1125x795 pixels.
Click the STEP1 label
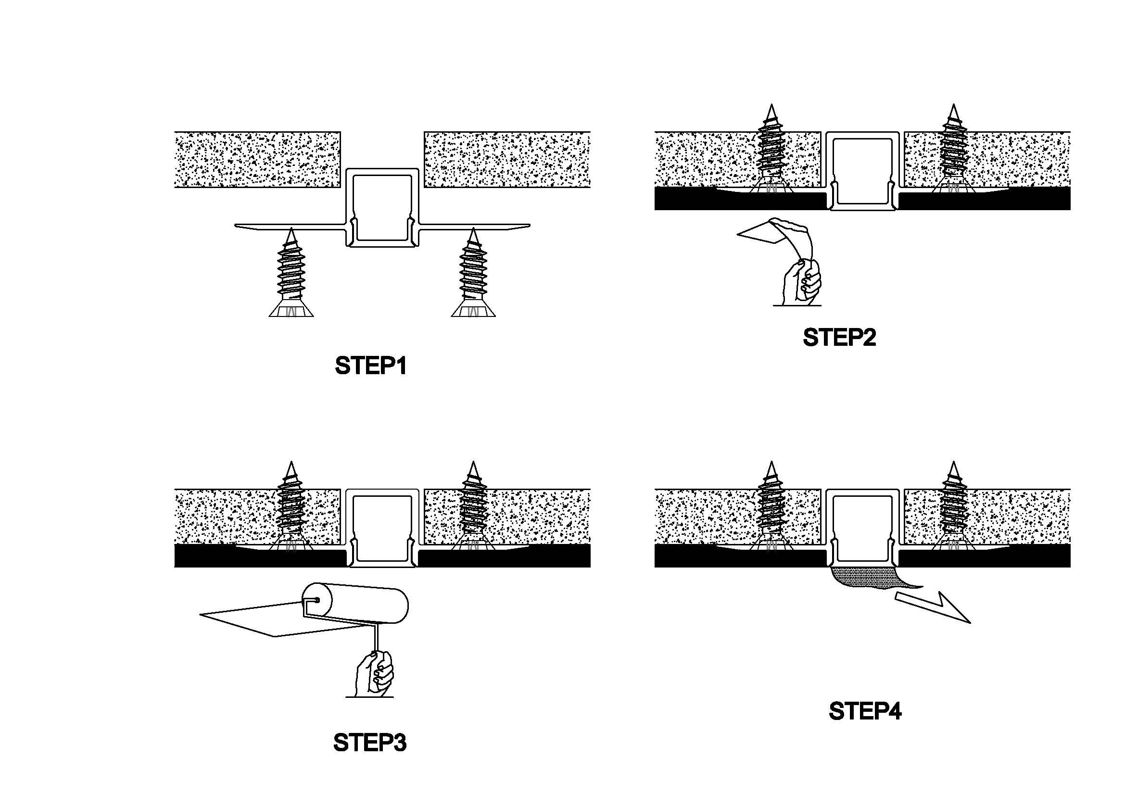point(370,366)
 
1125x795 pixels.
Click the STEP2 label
point(839,338)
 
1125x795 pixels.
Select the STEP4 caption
point(865,711)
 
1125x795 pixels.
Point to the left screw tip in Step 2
point(771,110)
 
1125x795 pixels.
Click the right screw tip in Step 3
point(473,468)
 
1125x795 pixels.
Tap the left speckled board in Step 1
point(257,159)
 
